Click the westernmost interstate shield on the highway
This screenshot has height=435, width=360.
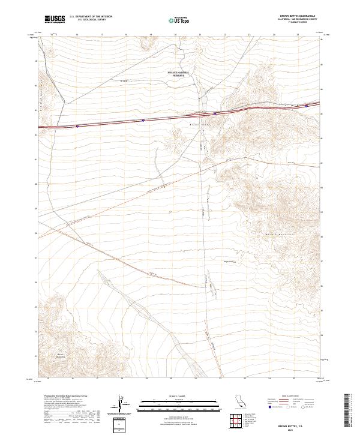77,126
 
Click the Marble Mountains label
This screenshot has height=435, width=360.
278,234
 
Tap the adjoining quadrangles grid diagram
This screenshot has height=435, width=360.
236,422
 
